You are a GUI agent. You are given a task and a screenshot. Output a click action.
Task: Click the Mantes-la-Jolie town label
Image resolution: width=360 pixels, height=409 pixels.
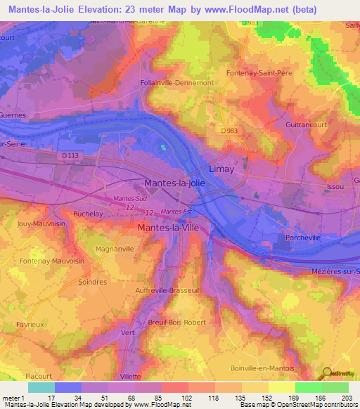(174, 183)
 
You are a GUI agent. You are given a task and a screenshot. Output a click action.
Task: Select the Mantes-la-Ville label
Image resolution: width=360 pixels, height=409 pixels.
(172, 228)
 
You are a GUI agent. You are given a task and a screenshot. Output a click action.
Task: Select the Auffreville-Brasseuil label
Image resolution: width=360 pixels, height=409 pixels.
(167, 290)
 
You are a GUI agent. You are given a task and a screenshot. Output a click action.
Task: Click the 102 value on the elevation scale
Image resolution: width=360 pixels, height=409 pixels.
(187, 397)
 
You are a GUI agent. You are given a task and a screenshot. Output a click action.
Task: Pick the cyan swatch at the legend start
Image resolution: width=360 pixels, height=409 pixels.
(41, 387)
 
